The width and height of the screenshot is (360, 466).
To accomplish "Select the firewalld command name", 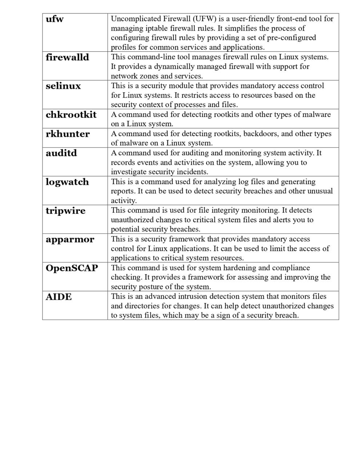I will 67,57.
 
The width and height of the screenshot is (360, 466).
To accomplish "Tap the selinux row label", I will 63,86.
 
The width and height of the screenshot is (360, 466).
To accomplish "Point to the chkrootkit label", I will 71,115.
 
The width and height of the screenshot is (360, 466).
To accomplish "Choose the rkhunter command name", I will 68,134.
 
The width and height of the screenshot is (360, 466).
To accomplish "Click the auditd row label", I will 61,153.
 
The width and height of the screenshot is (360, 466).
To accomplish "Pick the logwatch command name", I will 67,182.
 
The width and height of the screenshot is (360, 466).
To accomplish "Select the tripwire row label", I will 65,211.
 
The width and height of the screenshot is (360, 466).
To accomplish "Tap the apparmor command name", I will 70,240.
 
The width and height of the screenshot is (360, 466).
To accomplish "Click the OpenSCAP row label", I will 72,268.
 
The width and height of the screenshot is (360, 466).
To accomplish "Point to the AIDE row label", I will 59,297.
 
